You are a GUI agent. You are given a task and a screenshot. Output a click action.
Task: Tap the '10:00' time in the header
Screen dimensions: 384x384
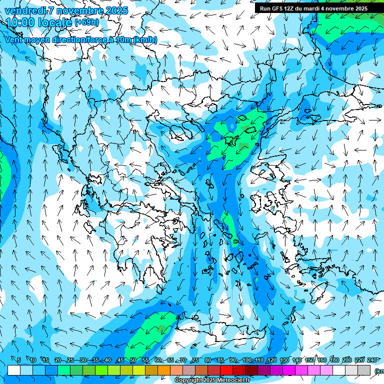pos(19,22)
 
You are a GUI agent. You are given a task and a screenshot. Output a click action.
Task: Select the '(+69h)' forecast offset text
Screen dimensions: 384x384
pos(86,22)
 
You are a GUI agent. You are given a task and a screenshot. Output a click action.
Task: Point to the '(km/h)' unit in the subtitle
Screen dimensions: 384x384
pos(145,39)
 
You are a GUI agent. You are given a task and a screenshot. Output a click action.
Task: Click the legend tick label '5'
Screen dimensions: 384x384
pos(18,360)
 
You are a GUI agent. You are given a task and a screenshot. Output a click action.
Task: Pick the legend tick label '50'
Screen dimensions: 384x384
pos(133,360)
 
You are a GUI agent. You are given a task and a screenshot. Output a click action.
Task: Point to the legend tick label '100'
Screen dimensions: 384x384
pos(247,360)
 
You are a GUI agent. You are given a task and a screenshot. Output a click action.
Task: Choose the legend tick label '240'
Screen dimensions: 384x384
pos(372,360)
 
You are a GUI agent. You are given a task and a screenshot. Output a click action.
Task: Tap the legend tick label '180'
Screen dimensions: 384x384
pos(334,360)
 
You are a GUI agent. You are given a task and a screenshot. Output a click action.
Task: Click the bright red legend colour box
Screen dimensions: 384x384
pos(226,370)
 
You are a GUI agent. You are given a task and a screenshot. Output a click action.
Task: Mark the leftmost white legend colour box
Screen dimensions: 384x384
pos(14,370)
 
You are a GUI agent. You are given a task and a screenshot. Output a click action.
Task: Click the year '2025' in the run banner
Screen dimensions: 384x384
pos(358,8)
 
